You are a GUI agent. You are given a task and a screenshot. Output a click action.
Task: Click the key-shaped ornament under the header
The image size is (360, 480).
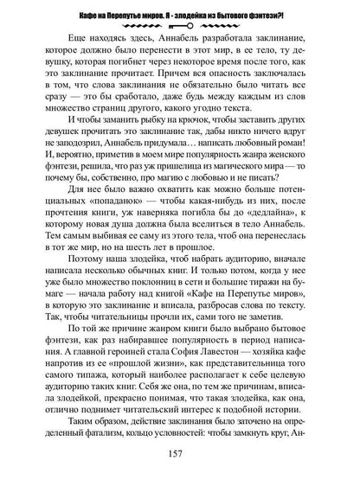click(179, 28)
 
